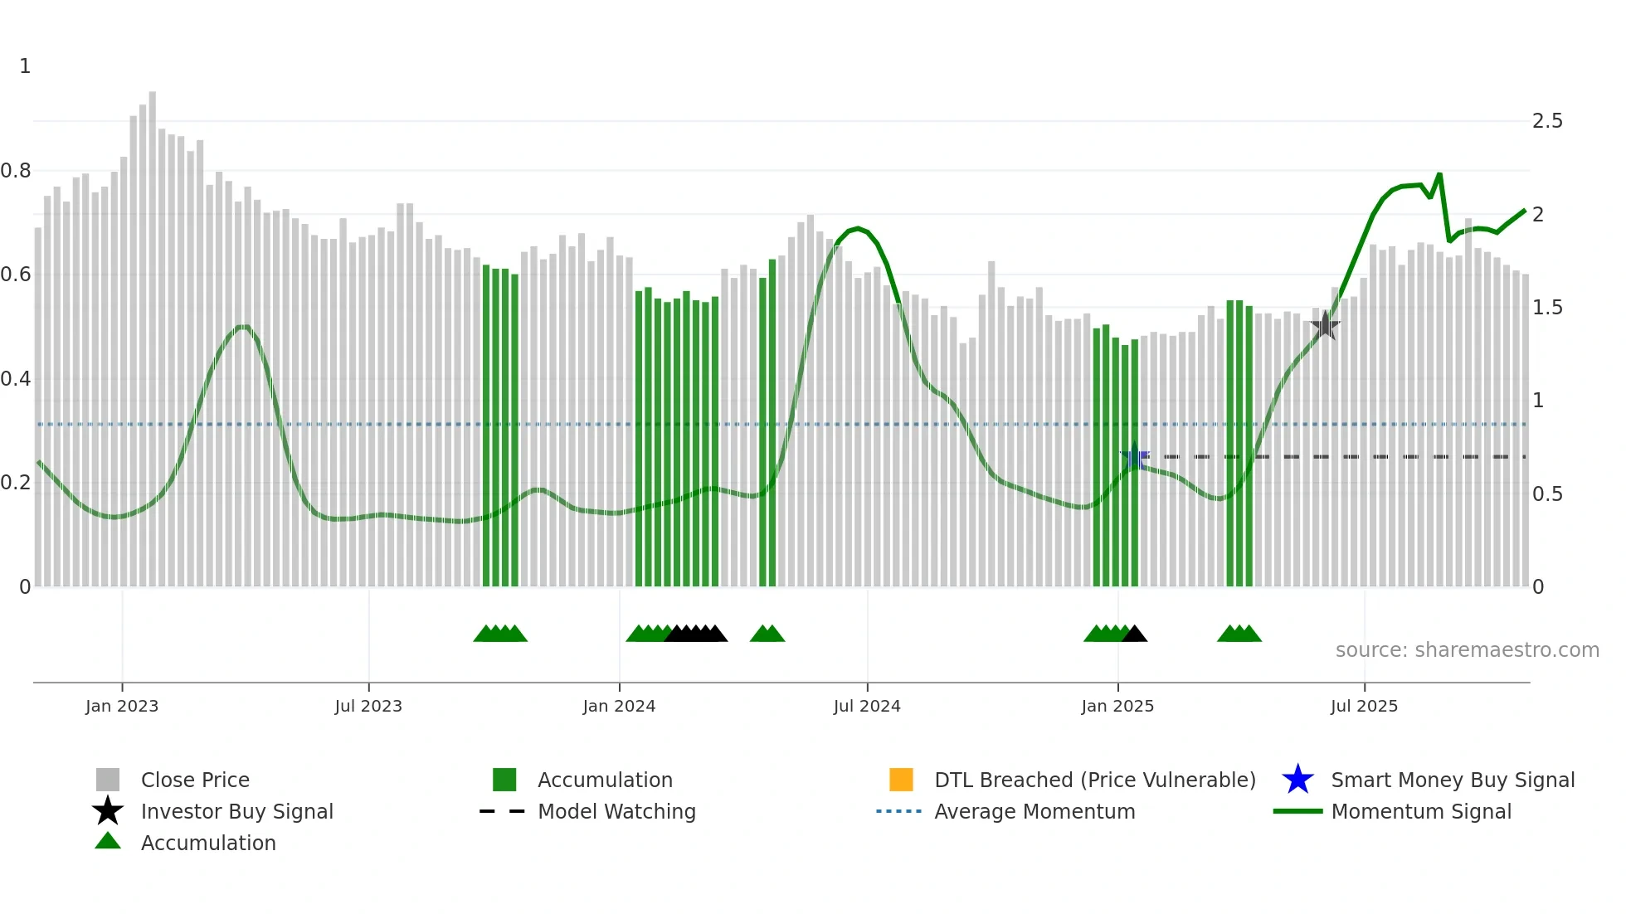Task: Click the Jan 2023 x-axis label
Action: point(121,706)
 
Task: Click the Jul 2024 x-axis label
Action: point(866,706)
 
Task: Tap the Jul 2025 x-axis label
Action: point(1364,706)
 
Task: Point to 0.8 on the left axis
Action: point(16,171)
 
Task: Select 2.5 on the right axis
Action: point(1547,121)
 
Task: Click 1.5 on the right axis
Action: point(1547,308)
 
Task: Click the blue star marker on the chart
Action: point(1135,457)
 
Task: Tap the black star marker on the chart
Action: point(1326,325)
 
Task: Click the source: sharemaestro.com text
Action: point(1467,650)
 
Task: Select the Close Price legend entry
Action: point(194,780)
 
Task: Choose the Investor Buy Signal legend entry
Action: point(236,811)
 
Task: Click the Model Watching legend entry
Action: point(616,811)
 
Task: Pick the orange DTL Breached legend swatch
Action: point(901,780)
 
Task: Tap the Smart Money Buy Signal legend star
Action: point(1297,780)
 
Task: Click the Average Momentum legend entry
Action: point(1034,811)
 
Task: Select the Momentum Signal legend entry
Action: point(1420,811)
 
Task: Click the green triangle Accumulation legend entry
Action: point(207,843)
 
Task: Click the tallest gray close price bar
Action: point(153,332)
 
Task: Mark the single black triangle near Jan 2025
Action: point(1135,634)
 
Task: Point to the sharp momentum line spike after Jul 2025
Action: point(1439,175)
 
